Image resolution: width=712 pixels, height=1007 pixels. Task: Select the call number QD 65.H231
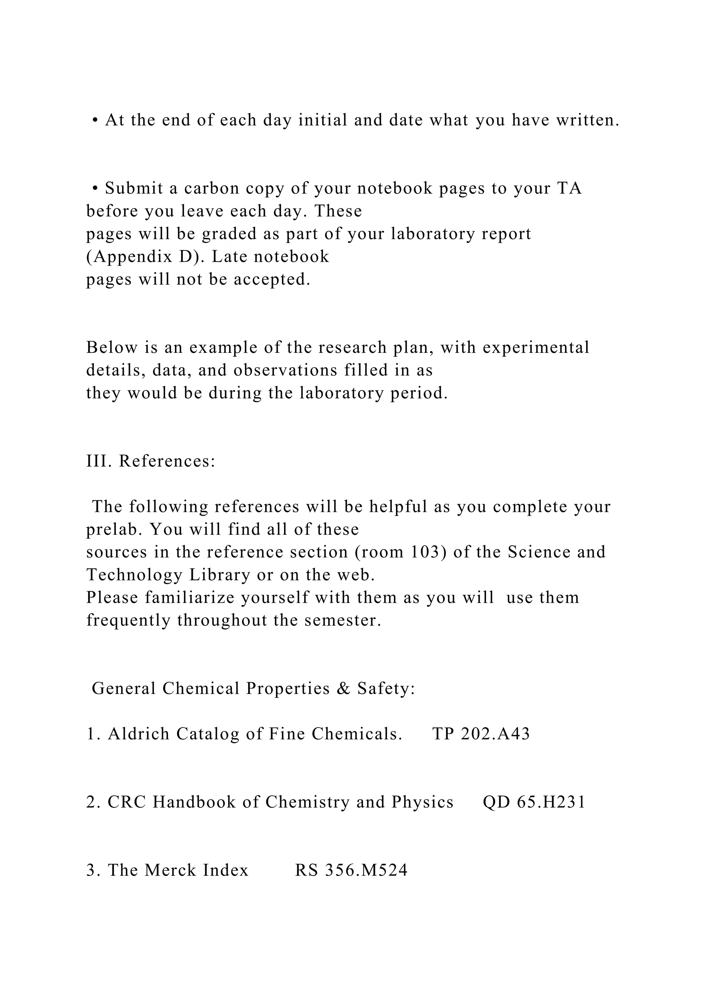pyautogui.click(x=534, y=802)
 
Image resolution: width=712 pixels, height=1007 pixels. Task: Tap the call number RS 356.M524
pyautogui.click(x=351, y=870)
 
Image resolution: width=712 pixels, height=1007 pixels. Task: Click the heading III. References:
pyautogui.click(x=151, y=461)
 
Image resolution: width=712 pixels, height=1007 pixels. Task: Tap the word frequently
pyautogui.click(x=128, y=621)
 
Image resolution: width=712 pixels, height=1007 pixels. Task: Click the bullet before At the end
pyautogui.click(x=95, y=121)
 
